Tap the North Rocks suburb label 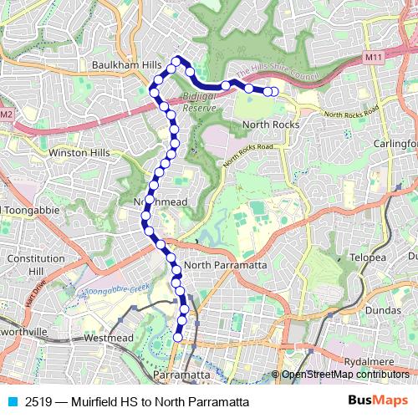click(269, 125)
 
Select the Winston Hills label click(79, 153)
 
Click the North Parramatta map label click(227, 265)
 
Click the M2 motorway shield click(7, 114)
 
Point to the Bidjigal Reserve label click(199, 103)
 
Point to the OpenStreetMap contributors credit click(344, 375)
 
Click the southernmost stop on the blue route click(177, 337)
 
